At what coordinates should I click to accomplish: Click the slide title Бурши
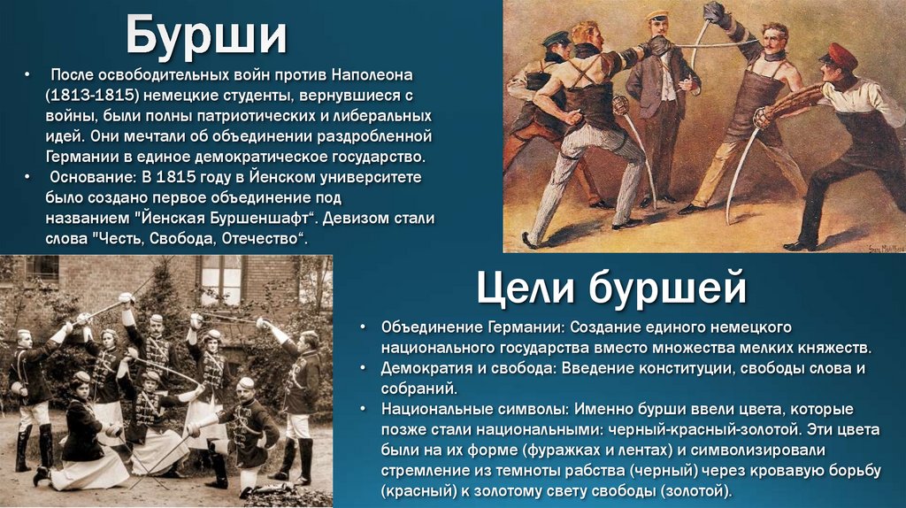[206, 35]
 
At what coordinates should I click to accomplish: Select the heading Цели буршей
[611, 288]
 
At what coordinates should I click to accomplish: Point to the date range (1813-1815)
[91, 93]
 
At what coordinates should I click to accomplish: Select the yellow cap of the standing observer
[656, 15]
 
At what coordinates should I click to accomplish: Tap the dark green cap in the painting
[556, 38]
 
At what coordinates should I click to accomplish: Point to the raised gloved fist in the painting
[714, 12]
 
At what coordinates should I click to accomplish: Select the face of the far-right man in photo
[308, 342]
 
